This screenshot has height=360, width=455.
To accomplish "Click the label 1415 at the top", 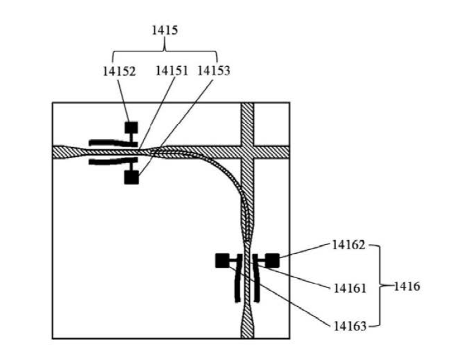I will click(x=165, y=30).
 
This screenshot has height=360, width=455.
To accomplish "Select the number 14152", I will click(x=118, y=71).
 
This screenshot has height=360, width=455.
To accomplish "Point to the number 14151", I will click(x=172, y=71).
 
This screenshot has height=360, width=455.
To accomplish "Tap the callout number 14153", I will click(x=213, y=71).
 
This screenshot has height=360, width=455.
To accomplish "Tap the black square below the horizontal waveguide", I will click(x=131, y=178).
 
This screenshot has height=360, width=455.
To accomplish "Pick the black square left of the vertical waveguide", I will click(x=222, y=261).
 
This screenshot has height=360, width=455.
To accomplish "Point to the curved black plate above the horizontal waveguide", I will click(x=110, y=142).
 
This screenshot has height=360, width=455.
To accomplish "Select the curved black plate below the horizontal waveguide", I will click(x=110, y=162).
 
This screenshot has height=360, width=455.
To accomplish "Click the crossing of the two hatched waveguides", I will click(x=247, y=151).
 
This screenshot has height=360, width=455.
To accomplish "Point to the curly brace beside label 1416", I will click(x=379, y=285).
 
